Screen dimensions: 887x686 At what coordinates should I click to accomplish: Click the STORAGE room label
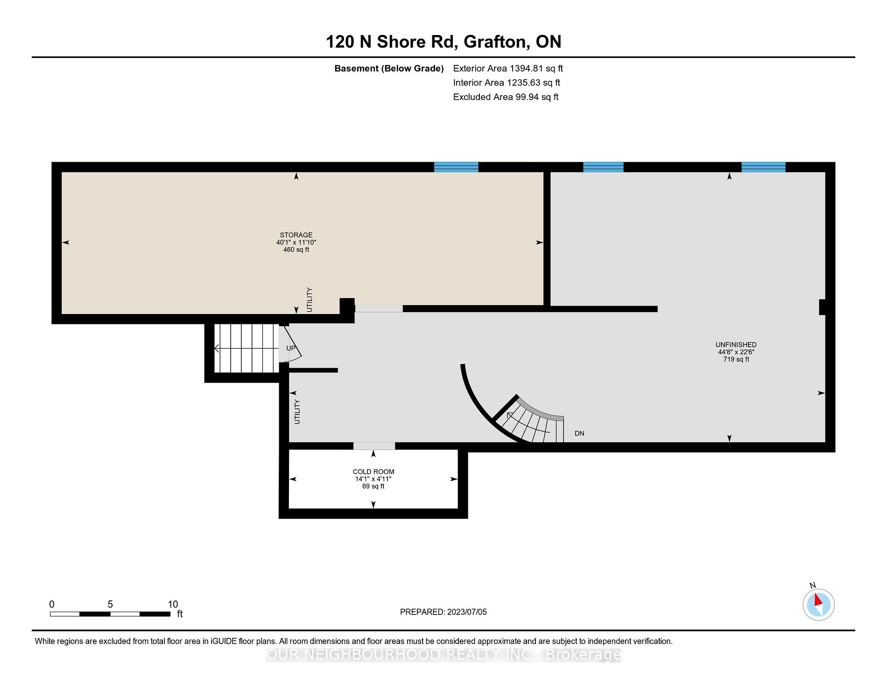(x=296, y=235)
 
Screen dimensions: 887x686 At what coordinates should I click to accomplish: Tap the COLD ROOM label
(x=373, y=472)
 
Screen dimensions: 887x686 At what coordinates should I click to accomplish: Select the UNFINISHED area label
(x=736, y=344)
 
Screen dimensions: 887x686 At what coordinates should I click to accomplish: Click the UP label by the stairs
(x=291, y=348)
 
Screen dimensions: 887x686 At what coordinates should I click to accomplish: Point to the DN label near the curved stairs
(x=579, y=434)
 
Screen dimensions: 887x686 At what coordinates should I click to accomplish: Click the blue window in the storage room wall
(x=456, y=167)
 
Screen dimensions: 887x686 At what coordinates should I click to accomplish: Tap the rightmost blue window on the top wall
(x=763, y=167)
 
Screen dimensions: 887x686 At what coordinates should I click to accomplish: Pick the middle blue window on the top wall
(x=603, y=167)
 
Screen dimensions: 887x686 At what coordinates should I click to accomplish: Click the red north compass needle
(x=818, y=600)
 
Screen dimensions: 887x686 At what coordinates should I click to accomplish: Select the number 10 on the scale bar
(x=173, y=604)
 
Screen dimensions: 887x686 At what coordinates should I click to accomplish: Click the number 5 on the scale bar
(x=110, y=604)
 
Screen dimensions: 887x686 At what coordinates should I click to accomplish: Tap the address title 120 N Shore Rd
(x=390, y=42)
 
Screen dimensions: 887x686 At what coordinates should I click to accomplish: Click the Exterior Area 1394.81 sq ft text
(x=508, y=69)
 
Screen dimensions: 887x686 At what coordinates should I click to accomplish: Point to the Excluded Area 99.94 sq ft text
(x=506, y=97)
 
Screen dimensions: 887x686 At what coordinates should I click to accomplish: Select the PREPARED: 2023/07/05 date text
(x=443, y=612)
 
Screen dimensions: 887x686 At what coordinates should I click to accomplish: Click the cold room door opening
(x=374, y=446)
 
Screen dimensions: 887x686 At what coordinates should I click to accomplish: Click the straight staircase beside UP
(x=246, y=348)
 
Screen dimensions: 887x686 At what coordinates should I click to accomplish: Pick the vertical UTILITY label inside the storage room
(x=309, y=300)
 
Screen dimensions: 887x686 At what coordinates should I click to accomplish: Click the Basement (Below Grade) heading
(x=389, y=69)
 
